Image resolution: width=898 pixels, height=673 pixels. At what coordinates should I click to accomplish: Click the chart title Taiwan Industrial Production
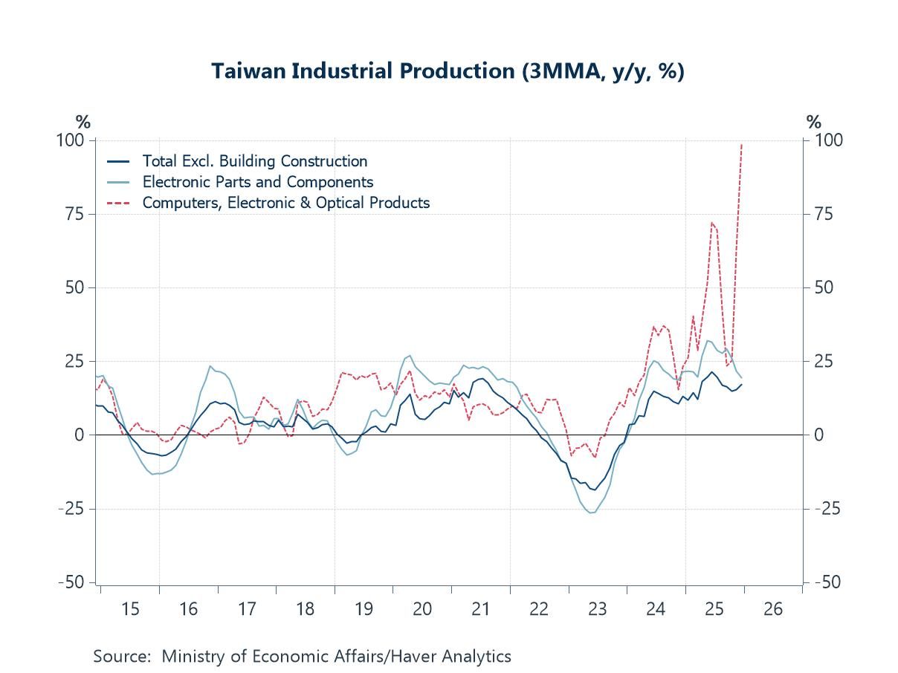click(x=448, y=71)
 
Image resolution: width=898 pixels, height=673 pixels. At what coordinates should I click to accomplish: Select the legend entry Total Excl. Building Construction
click(x=254, y=161)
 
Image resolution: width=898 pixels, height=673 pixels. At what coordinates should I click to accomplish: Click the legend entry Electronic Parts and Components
click(x=257, y=182)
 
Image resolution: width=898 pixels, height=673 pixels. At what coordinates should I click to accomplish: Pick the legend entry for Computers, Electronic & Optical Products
click(x=285, y=202)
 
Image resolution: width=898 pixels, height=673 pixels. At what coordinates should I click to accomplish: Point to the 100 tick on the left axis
click(x=74, y=140)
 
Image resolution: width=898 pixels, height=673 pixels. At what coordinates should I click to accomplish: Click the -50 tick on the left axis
click(x=73, y=582)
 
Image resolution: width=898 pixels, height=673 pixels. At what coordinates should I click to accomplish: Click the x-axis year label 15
click(x=130, y=609)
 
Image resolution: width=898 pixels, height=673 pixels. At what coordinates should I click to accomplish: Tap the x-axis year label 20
click(x=422, y=609)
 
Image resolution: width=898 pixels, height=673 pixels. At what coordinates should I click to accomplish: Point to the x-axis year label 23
click(x=597, y=609)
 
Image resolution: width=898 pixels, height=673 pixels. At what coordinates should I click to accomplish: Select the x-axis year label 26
click(x=773, y=609)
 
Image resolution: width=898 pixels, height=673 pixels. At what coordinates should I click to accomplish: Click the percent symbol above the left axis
click(x=83, y=122)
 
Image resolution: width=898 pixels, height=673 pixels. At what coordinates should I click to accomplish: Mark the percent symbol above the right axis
click(x=814, y=122)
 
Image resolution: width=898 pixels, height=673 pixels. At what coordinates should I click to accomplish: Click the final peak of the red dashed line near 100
click(x=742, y=145)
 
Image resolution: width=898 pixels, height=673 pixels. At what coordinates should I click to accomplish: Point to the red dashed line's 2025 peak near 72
click(x=712, y=222)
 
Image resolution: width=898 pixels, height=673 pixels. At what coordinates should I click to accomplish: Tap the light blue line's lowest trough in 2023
click(x=591, y=513)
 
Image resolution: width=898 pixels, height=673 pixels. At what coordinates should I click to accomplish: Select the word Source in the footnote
click(x=121, y=657)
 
